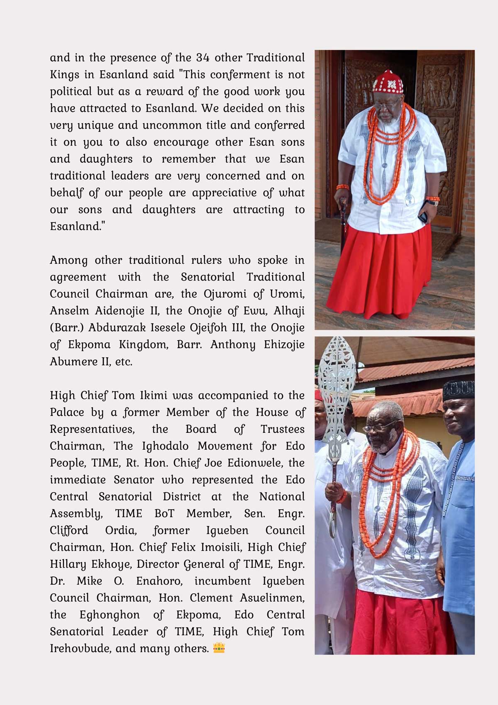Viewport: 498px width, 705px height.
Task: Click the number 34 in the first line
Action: tap(203, 57)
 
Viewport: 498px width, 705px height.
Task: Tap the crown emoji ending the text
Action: tap(219, 648)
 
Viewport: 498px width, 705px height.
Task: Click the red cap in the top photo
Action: tap(388, 82)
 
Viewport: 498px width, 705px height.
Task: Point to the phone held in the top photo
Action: tap(423, 216)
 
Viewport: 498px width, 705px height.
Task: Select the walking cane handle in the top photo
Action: tap(343, 203)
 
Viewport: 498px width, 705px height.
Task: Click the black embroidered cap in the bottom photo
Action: tap(458, 390)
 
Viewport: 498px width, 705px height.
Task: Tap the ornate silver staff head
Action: tap(337, 382)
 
